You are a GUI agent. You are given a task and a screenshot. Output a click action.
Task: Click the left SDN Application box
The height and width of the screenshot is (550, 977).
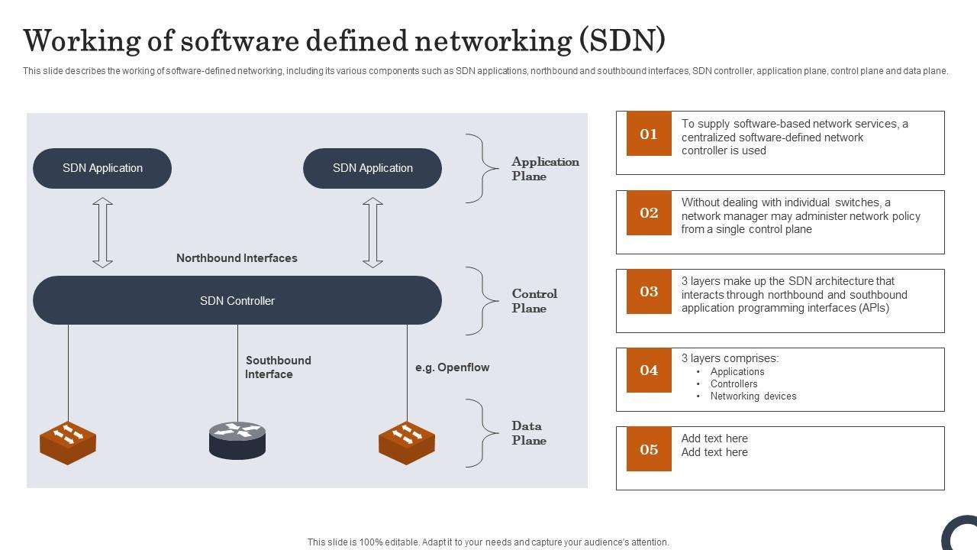pos(102,168)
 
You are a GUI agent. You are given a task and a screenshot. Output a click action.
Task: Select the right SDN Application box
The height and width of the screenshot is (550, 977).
pos(372,168)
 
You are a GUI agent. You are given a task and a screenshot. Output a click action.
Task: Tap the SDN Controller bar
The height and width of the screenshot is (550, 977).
pos(237,300)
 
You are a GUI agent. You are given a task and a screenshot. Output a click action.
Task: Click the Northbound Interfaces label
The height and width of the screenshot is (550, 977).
pos(237,258)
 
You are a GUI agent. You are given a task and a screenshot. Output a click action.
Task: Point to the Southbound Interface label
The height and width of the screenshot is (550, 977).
pos(278,367)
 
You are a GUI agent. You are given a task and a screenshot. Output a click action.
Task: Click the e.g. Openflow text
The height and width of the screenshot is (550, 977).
pos(452,367)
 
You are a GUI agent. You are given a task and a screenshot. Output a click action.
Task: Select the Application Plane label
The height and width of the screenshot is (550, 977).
pos(544,169)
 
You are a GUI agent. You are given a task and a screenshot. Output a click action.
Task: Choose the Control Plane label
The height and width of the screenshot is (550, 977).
pos(534,301)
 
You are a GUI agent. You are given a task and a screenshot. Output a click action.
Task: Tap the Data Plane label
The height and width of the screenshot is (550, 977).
pos(528,433)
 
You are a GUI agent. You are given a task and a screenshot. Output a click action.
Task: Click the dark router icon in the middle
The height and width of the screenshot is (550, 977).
pos(237,440)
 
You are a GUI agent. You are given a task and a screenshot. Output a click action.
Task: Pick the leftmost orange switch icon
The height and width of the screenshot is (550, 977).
pos(68,442)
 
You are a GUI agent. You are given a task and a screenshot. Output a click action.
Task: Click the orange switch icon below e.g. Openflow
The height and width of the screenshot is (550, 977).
pos(407,442)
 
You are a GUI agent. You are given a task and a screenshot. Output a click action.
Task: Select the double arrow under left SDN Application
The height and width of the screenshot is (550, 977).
pos(102,233)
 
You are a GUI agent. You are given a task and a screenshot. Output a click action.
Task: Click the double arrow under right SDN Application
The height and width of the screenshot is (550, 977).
pos(372,233)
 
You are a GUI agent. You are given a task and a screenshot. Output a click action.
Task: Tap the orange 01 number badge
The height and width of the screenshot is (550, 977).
pos(649,134)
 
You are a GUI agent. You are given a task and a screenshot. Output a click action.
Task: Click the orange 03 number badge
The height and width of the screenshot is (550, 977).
pos(649,291)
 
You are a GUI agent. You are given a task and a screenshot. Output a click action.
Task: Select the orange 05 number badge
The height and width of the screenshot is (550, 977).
pos(649,449)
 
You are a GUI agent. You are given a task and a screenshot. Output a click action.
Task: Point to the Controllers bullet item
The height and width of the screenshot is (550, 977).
pos(734,384)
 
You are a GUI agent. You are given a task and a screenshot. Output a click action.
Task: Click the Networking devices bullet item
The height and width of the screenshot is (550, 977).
pos(753,396)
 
